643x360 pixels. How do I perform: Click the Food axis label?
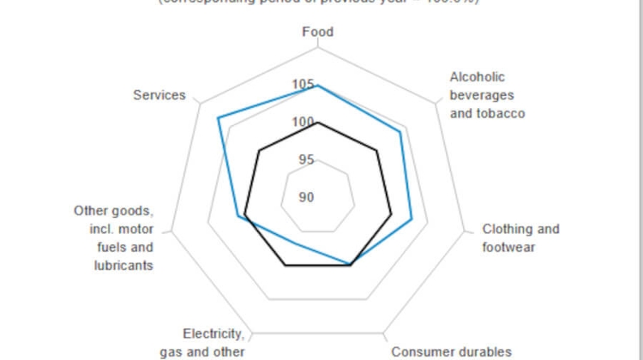[x=318, y=33]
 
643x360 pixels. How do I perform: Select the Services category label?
[x=159, y=95]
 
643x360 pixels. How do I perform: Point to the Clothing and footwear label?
[x=520, y=238]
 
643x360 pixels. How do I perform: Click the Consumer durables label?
[x=452, y=351]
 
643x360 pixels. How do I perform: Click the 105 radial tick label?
[x=303, y=84]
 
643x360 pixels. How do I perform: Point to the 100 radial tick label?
[x=303, y=123]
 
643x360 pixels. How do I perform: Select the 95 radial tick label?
[x=305, y=159]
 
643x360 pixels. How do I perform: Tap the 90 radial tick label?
[x=306, y=197]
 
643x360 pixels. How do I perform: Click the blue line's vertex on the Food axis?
[x=318, y=86]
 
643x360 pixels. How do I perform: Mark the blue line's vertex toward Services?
[x=219, y=117]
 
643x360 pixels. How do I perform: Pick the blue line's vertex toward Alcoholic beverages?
[x=400, y=132]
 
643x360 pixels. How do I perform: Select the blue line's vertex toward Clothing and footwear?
[x=412, y=219]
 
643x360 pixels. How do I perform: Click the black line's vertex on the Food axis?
[x=318, y=123]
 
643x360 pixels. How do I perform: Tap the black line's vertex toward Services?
[x=259, y=151]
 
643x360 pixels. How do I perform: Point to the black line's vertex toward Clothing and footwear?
[x=391, y=214]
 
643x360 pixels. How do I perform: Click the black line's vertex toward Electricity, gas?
[x=285, y=266]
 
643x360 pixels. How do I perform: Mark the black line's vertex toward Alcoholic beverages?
[x=377, y=151]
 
